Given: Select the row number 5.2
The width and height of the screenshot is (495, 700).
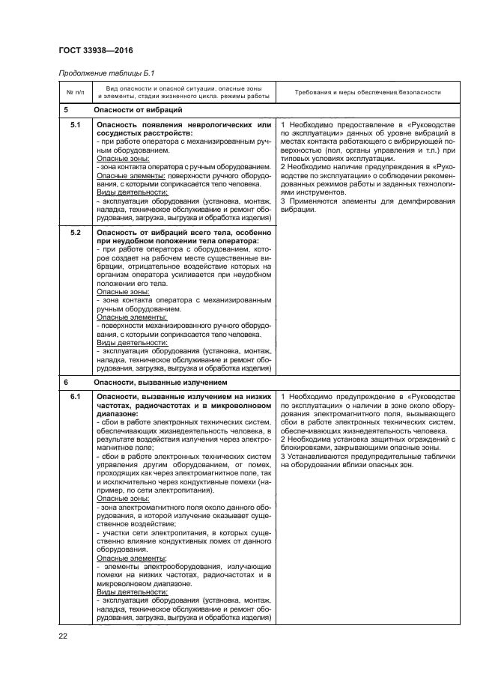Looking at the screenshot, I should click(x=75, y=233).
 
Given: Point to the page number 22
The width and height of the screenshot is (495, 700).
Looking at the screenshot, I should click(x=63, y=636).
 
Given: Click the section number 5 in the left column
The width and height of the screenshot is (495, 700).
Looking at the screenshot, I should click(x=67, y=109).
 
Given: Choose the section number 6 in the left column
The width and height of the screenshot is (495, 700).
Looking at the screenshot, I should click(x=67, y=381).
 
